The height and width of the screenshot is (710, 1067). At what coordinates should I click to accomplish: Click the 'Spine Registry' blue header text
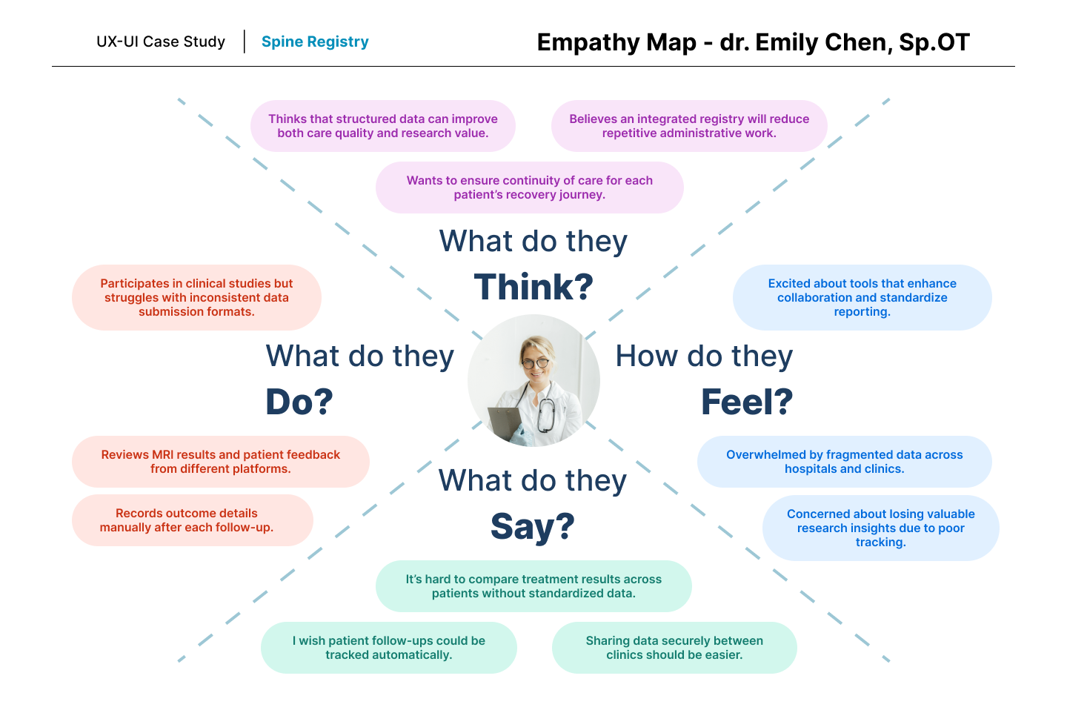315,42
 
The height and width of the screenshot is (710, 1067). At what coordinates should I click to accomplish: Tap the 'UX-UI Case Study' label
161,42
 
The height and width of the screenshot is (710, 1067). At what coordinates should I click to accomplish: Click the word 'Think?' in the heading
533,287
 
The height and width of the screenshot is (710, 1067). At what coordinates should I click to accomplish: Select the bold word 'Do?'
299,402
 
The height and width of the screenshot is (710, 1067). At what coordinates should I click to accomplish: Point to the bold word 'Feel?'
747,402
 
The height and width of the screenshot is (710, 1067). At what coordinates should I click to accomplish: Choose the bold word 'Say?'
533,526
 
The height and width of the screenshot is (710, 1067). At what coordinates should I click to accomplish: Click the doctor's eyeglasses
535,363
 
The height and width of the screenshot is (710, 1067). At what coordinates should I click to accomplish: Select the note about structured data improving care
383,126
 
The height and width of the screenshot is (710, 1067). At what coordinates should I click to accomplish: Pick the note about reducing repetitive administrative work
689,126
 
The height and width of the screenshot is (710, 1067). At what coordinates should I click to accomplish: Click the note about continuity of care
530,188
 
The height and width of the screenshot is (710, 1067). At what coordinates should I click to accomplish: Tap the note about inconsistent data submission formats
196,297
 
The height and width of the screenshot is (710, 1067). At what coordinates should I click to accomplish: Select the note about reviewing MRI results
221,462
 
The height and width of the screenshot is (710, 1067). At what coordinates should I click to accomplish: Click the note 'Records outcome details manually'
193,520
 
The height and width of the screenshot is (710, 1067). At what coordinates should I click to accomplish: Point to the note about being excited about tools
862,297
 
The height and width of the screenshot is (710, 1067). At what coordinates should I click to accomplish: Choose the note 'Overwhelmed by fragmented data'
844,462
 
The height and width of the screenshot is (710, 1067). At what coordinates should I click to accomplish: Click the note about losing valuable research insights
880,528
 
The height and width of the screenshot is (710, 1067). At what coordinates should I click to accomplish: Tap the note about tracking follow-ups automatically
389,648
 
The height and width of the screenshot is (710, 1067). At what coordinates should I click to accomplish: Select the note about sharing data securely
674,648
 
